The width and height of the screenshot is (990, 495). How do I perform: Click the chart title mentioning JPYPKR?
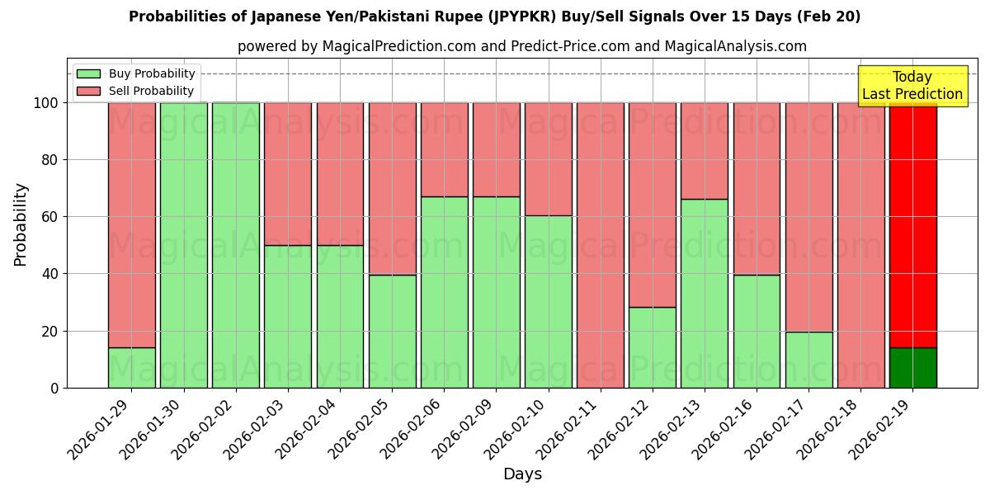click(x=494, y=16)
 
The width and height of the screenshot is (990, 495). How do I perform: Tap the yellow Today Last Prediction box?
click(x=912, y=86)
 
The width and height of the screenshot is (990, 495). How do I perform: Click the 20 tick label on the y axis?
click(x=50, y=331)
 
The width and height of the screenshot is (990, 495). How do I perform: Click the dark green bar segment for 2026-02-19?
click(x=912, y=367)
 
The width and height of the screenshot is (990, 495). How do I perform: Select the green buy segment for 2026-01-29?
click(x=131, y=367)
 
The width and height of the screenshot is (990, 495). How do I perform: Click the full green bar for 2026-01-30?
click(x=183, y=245)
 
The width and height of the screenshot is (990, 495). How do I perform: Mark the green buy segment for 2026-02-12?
click(x=652, y=347)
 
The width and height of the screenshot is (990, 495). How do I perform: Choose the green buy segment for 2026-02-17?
click(x=808, y=360)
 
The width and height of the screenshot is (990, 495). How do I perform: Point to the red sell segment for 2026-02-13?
click(x=704, y=151)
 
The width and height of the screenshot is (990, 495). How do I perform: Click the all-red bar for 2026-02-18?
click(x=860, y=245)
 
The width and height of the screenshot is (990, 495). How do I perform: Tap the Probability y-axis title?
click(x=21, y=224)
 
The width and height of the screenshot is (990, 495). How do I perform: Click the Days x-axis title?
click(x=522, y=474)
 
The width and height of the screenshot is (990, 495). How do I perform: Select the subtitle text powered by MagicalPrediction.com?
click(x=521, y=46)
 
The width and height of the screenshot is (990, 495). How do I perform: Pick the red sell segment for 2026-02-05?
click(x=392, y=189)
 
